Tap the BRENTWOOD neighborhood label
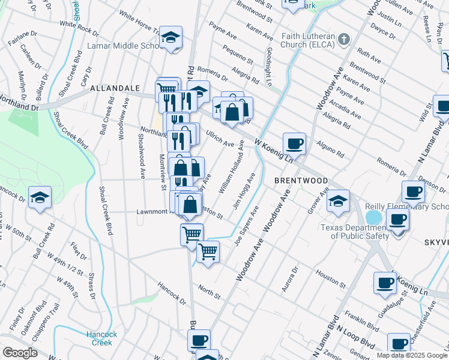[x=301, y=181]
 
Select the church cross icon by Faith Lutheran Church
[x=343, y=40]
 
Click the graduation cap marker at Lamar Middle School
[x=170, y=38]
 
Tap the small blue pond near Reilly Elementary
[x=373, y=215]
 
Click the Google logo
[x=20, y=353]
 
